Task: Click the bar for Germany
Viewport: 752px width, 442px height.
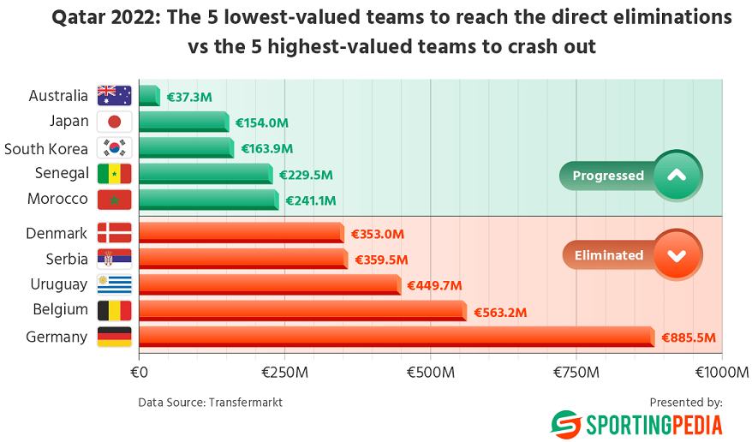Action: click(x=396, y=336)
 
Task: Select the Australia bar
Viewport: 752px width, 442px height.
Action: click(x=149, y=96)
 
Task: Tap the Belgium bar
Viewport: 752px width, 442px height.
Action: click(x=301, y=310)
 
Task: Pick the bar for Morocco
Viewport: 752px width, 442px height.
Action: click(x=208, y=200)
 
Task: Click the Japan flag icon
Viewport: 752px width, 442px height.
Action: click(x=114, y=122)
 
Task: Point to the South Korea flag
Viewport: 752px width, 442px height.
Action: click(x=114, y=147)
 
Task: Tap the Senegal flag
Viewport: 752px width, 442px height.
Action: click(x=114, y=173)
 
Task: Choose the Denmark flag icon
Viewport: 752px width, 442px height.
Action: click(x=114, y=233)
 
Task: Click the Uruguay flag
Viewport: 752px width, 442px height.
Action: click(x=114, y=284)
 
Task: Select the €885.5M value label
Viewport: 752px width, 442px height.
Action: click(x=688, y=337)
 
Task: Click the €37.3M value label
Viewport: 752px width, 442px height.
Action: click(x=188, y=98)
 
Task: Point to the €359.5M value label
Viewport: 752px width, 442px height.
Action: click(x=379, y=260)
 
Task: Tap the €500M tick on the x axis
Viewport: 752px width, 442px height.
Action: click(x=430, y=373)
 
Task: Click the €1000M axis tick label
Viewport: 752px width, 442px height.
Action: click(x=722, y=373)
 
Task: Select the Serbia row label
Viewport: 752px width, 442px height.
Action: click(x=67, y=258)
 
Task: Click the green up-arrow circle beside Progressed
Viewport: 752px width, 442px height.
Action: click(x=677, y=175)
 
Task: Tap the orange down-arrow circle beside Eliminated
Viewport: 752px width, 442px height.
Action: click(x=677, y=254)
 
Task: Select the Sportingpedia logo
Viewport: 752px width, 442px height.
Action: click(x=636, y=424)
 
